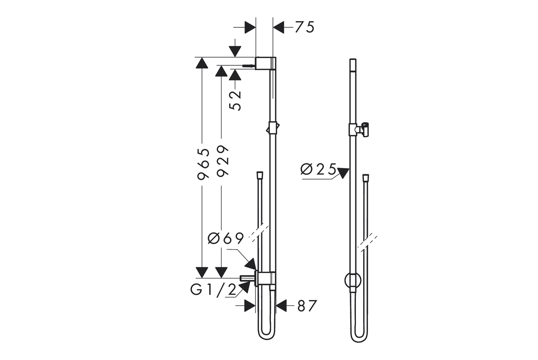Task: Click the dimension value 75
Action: point(305,27)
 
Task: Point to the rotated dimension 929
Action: point(223,161)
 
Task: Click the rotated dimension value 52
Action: point(235,100)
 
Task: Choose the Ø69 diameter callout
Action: point(226,238)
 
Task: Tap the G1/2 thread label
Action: point(213,290)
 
